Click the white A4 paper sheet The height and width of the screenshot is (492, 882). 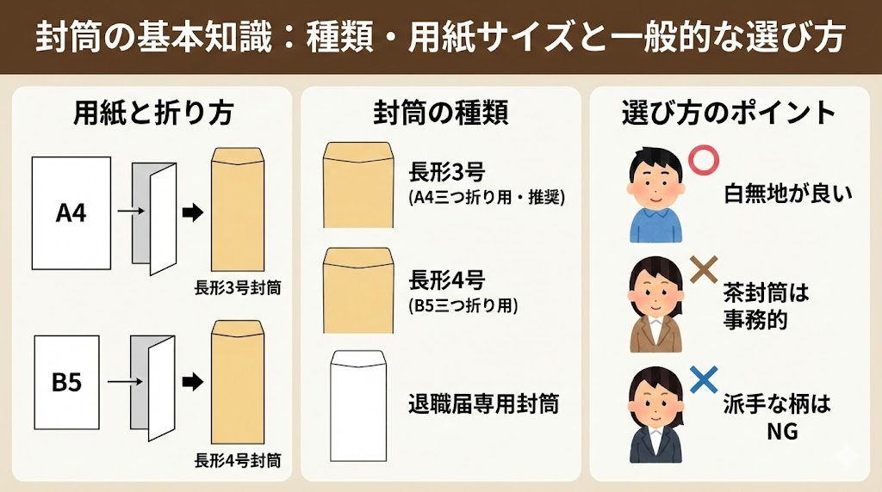click(71, 212)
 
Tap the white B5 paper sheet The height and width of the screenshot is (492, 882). click(66, 383)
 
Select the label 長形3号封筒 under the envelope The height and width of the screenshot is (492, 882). click(238, 288)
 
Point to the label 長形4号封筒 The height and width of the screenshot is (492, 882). click(238, 460)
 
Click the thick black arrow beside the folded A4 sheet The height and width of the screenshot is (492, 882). click(192, 212)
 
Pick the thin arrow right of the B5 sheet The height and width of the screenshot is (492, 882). click(125, 382)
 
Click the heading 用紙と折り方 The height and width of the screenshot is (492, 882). click(153, 113)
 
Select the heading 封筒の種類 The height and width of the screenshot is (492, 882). click(441, 113)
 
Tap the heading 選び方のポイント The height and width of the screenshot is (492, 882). click(729, 113)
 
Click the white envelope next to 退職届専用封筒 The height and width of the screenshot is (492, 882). click(358, 406)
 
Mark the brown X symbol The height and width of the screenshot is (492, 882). click(704, 269)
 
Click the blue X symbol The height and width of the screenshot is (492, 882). click(704, 379)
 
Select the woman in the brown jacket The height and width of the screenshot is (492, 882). click(655, 304)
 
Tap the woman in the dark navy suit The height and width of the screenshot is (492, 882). click(655, 415)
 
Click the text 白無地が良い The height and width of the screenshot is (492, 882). click(788, 194)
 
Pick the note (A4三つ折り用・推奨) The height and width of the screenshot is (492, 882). click(488, 198)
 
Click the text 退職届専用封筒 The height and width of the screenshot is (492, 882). click(484, 403)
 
